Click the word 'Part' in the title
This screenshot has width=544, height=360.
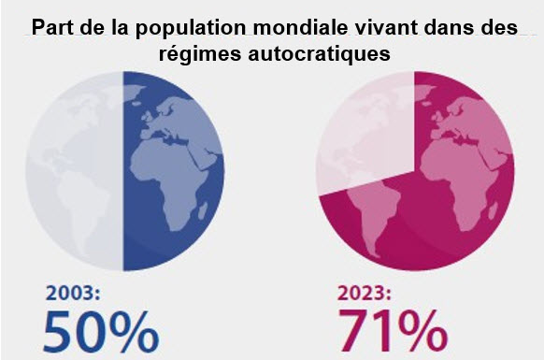pyautogui.click(x=51, y=28)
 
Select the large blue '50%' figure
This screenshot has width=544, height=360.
pyautogui.click(x=102, y=332)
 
